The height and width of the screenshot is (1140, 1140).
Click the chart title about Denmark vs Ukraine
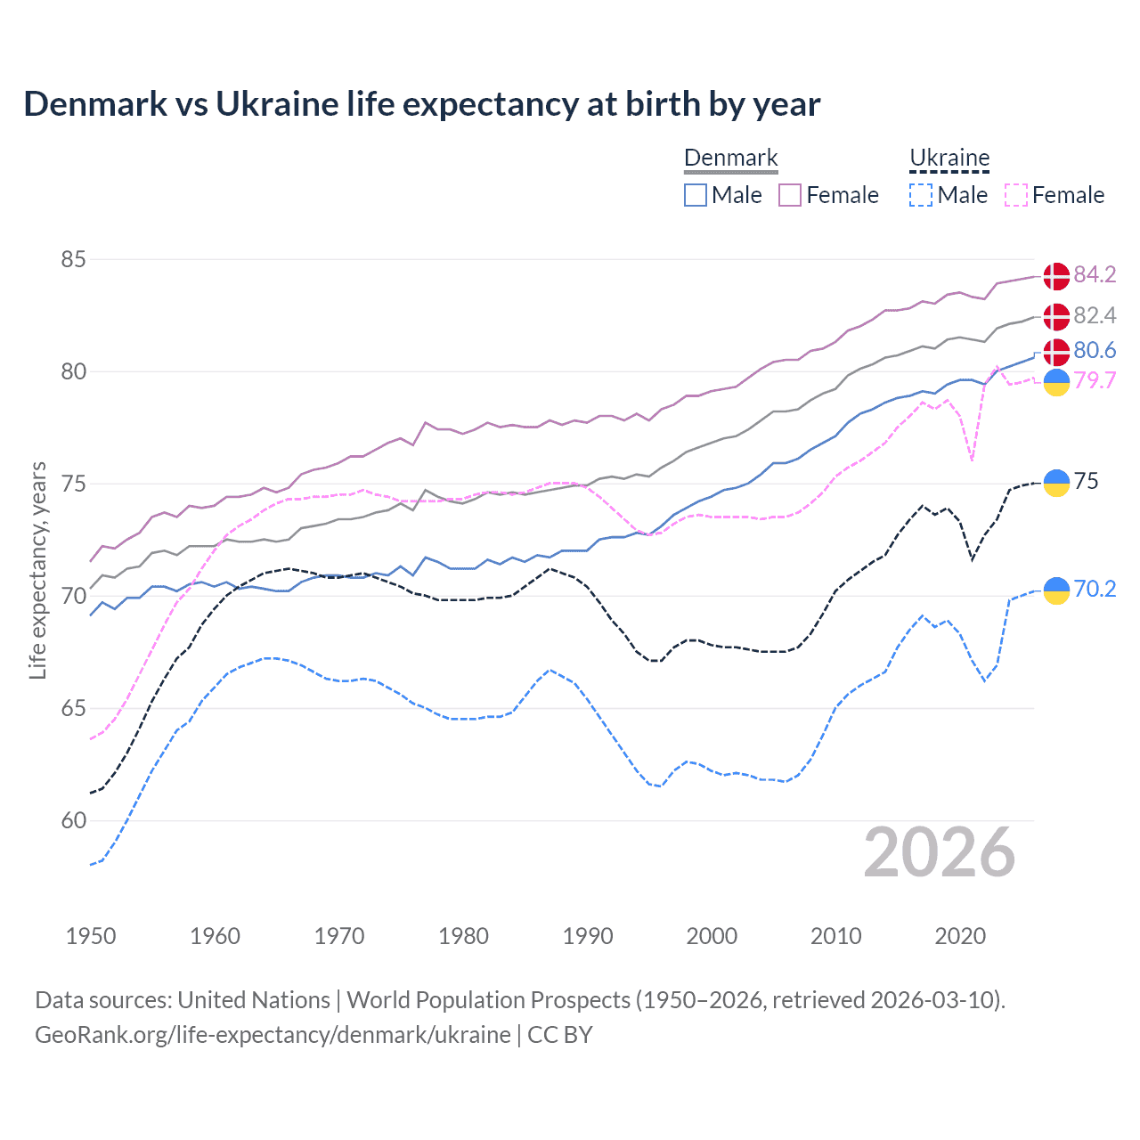tap(421, 104)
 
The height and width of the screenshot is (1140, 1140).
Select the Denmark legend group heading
tap(730, 159)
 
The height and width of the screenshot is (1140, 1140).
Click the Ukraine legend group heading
tap(949, 159)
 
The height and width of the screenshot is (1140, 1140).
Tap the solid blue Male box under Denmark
tap(696, 195)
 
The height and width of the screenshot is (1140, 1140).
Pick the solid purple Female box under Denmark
tap(790, 195)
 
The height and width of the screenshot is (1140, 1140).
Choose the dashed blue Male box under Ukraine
tap(921, 195)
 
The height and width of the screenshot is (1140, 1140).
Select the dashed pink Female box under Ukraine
tap(1015, 195)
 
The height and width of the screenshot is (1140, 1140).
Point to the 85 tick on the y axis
tap(73, 260)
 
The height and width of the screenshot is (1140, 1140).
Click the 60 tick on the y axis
tap(73, 820)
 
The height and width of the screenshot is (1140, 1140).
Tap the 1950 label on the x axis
tap(91, 936)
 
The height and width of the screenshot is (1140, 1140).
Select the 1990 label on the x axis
tap(588, 936)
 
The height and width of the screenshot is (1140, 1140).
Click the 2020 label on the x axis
tap(960, 936)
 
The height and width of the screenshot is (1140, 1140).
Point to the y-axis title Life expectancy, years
tap(38, 570)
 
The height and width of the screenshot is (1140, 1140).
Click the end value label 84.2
tap(1095, 275)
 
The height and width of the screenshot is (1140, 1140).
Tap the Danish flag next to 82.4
tap(1056, 316)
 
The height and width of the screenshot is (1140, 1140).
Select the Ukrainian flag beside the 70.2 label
tap(1056, 590)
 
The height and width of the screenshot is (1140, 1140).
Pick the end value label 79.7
tap(1095, 381)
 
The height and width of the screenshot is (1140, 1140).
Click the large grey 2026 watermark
tap(939, 853)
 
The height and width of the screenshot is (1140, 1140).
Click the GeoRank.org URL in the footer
tap(273, 1035)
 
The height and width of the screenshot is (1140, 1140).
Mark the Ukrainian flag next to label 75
tap(1056, 482)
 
